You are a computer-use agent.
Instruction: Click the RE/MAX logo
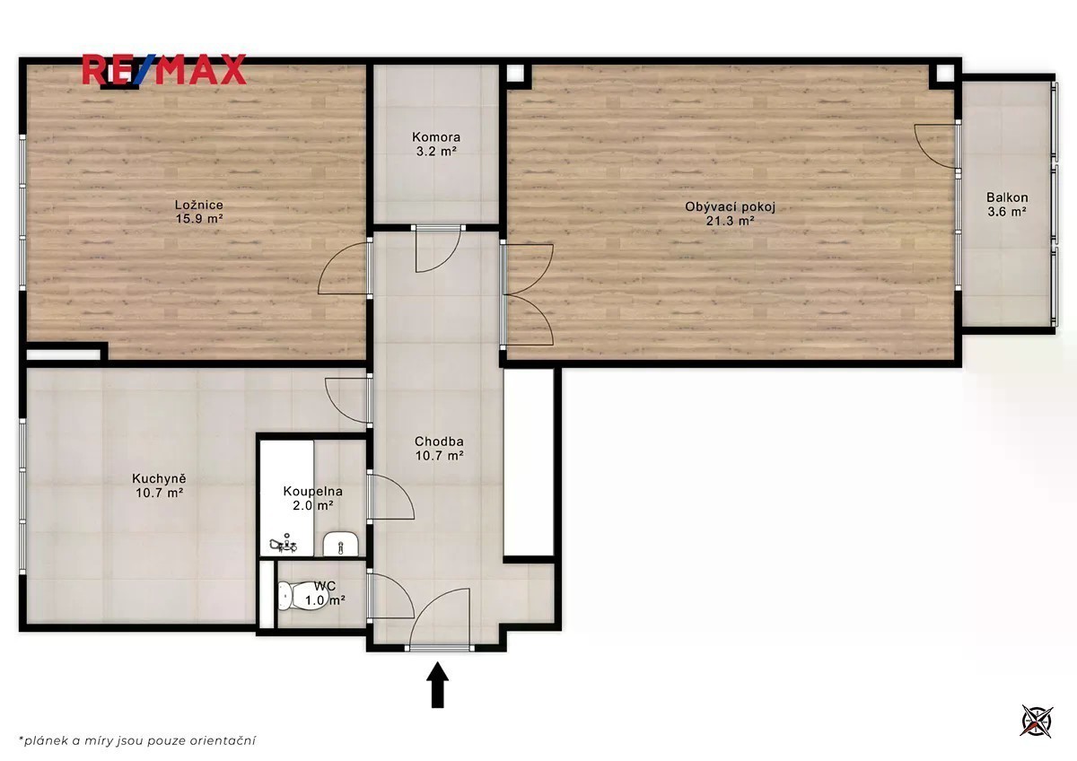coord(164,70)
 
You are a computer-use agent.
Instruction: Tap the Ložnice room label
coord(199,205)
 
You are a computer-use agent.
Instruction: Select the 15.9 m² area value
coord(199,219)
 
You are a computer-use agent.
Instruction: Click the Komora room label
coord(436,137)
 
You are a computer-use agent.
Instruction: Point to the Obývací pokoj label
coord(730,207)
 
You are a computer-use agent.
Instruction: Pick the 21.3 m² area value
coord(730,221)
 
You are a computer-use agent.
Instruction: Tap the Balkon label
coord(1007,197)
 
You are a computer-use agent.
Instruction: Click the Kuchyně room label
coord(159,479)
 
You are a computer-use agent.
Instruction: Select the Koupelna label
coord(313,491)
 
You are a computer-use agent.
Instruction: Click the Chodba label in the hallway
coord(439,442)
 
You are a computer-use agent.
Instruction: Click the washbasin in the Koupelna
coord(340,545)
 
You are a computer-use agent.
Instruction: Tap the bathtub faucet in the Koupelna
coord(285,544)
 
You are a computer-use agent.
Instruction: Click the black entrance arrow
coord(438,685)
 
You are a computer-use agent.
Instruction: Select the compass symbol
coord(1038,722)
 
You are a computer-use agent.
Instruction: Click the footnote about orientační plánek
coord(137,741)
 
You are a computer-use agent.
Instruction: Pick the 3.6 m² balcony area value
coord(1007,212)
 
